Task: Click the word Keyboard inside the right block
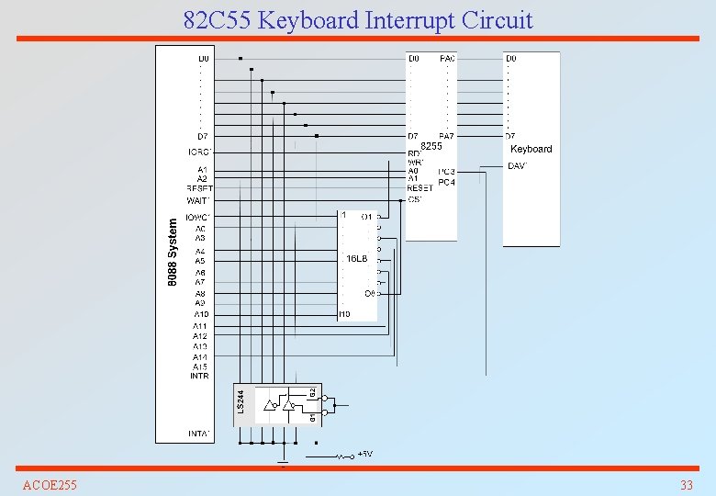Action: tap(531, 149)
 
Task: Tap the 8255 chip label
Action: tap(431, 146)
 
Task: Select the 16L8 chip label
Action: tap(356, 259)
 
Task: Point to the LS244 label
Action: tap(241, 400)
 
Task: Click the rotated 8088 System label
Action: tap(172, 251)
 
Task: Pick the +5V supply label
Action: tap(365, 454)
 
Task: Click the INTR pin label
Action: tap(200, 376)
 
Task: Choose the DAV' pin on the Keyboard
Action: tap(517, 166)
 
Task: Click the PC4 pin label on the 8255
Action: tap(447, 182)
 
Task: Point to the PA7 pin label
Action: tap(447, 136)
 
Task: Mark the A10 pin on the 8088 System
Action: tap(201, 314)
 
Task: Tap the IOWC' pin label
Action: tap(198, 218)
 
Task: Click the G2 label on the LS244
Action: tap(312, 392)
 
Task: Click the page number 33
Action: tap(686, 484)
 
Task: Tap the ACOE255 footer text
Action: tap(50, 484)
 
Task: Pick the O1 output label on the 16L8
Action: tap(367, 217)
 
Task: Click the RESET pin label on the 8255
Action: tap(420, 188)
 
